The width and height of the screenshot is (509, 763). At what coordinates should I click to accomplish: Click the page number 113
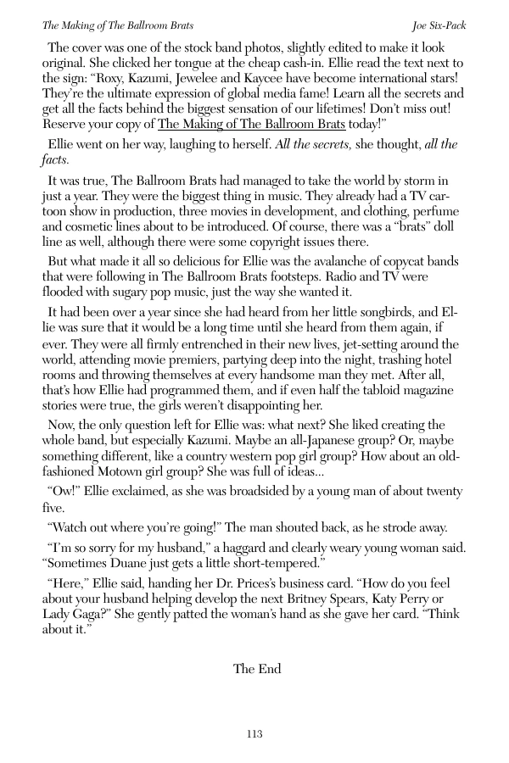254,734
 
